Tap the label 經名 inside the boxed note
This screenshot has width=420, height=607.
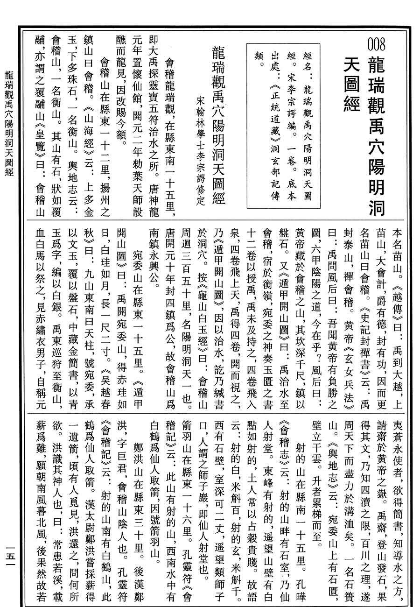pos(307,60)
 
